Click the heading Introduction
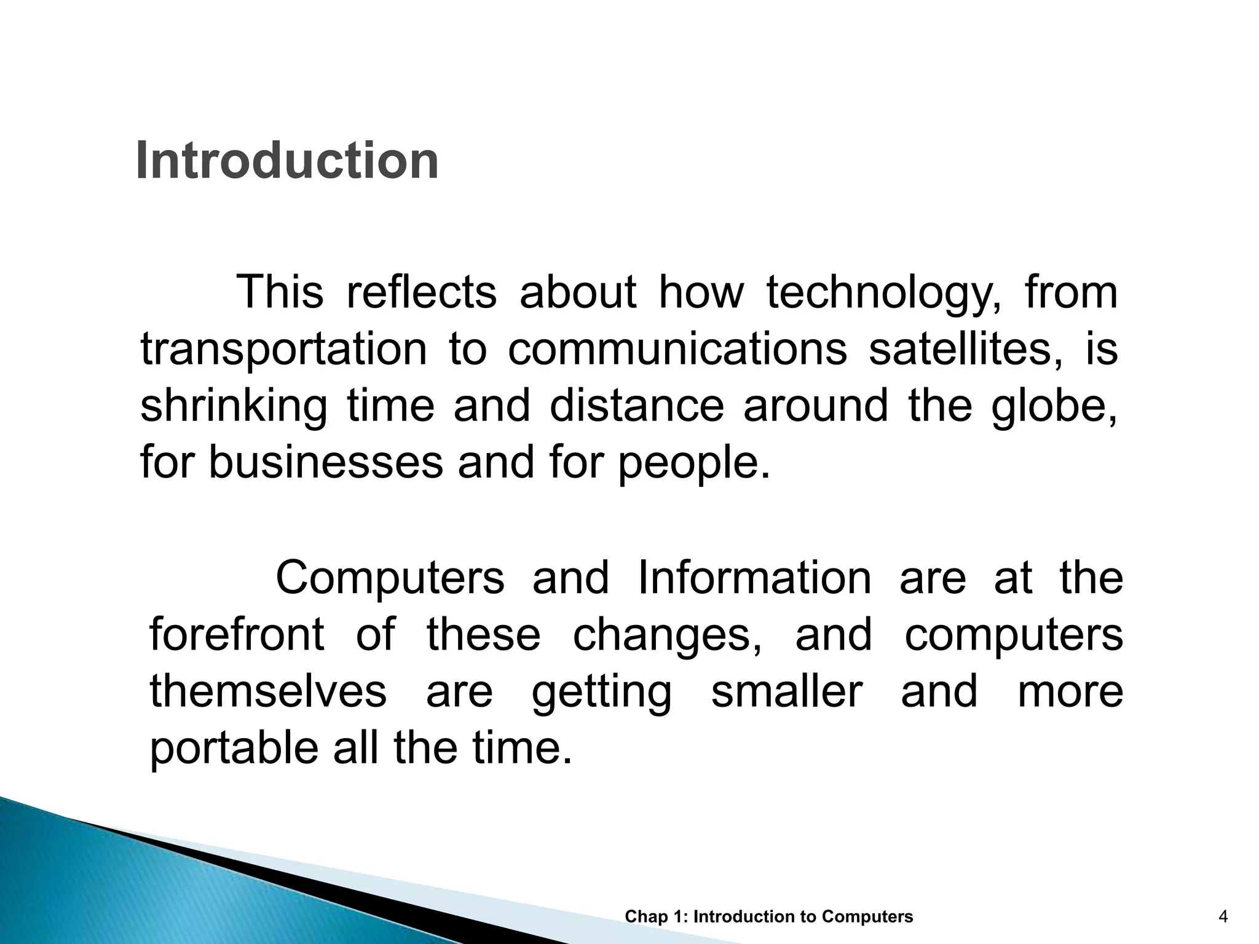click(x=286, y=161)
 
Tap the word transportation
click(x=283, y=350)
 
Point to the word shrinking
click(x=234, y=407)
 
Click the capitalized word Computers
click(x=390, y=578)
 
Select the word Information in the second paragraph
click(x=754, y=578)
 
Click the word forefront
click(x=237, y=635)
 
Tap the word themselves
click(x=268, y=691)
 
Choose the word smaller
click(x=786, y=691)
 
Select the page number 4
click(x=1223, y=917)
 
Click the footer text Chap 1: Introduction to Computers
click(x=768, y=917)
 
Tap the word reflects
click(x=421, y=293)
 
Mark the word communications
click(x=677, y=350)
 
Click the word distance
click(x=636, y=407)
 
